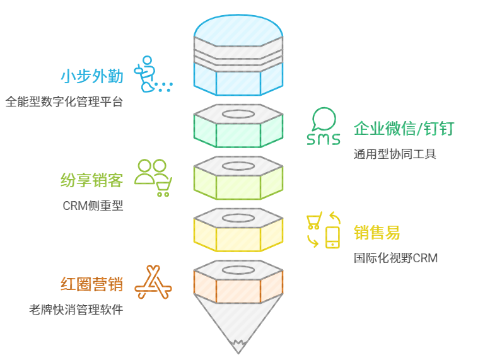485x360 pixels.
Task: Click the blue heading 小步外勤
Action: pyautogui.click(x=92, y=76)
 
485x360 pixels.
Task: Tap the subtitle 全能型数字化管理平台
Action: pyautogui.click(x=64, y=101)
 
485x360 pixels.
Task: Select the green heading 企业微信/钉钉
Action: pyautogui.click(x=404, y=129)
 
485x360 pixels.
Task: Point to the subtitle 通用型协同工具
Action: pyautogui.click(x=395, y=154)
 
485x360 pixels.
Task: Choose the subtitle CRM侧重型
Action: pyautogui.click(x=93, y=206)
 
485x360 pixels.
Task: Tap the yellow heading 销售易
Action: pyautogui.click(x=377, y=233)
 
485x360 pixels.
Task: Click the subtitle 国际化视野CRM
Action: pyautogui.click(x=395, y=258)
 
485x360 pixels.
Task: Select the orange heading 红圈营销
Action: pyautogui.click(x=92, y=284)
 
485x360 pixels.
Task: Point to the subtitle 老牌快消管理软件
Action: pyautogui.click(x=76, y=310)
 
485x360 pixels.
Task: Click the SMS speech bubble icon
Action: pyautogui.click(x=323, y=127)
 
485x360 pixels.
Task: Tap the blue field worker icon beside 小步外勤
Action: pyautogui.click(x=151, y=75)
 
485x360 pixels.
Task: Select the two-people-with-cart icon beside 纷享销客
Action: pyautogui.click(x=153, y=177)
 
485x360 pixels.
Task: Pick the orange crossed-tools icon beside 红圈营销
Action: pyautogui.click(x=153, y=282)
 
